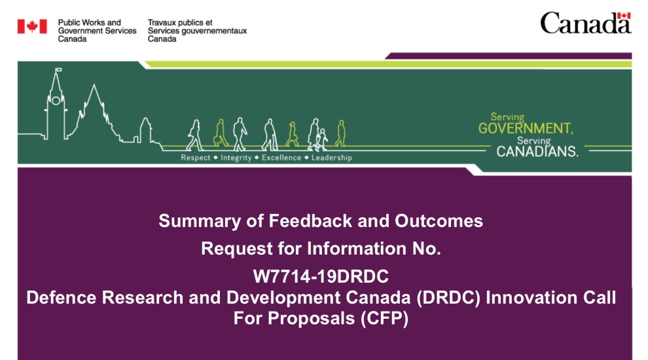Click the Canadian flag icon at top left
(x=32, y=26)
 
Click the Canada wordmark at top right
(x=585, y=24)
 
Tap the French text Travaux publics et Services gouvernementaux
(x=197, y=31)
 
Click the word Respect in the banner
(x=195, y=158)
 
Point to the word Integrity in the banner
(x=236, y=158)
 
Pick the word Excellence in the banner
(x=281, y=158)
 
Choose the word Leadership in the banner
(x=331, y=158)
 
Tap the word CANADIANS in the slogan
(x=537, y=152)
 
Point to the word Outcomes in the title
(x=439, y=221)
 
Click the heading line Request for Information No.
(x=321, y=249)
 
